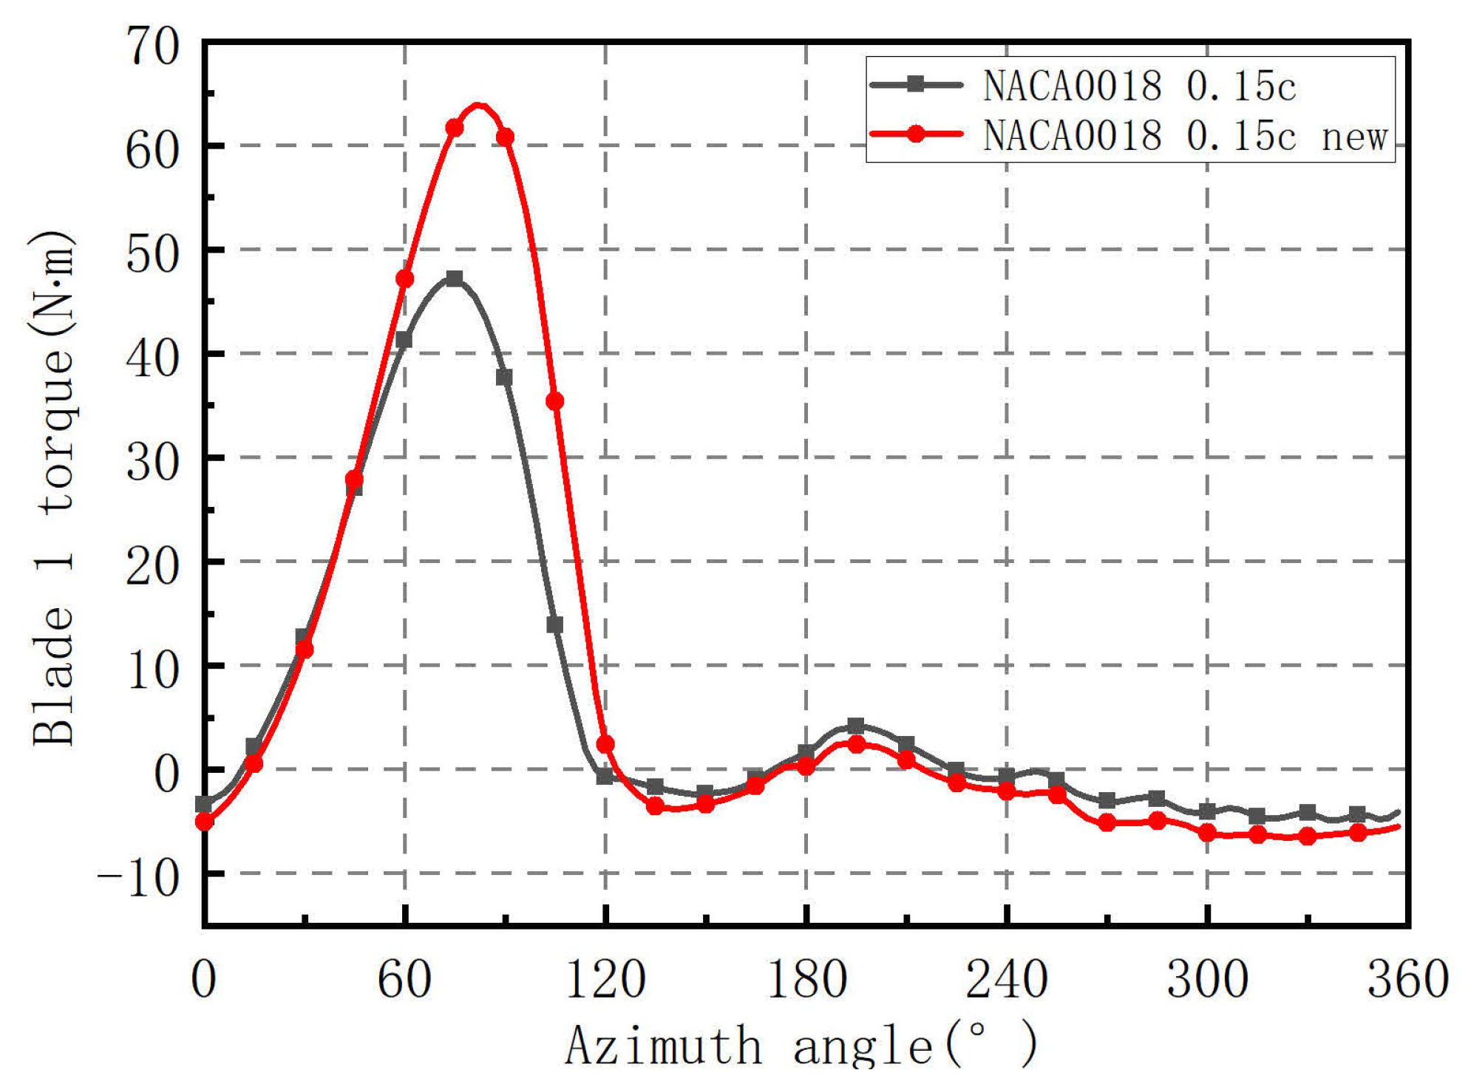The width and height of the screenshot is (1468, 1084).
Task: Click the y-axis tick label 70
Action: [152, 47]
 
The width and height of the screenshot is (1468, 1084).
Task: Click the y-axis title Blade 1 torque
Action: [53, 488]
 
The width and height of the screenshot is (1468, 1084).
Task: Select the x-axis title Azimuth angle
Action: [801, 1046]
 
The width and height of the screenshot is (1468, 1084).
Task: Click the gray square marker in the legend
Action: [916, 84]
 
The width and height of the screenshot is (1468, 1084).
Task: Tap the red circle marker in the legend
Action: [916, 134]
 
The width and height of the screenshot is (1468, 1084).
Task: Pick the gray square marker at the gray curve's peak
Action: [455, 279]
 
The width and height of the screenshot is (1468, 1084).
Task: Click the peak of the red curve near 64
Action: [479, 106]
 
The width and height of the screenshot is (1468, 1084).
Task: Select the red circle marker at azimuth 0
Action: [205, 821]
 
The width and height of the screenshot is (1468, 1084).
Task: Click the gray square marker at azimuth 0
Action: [205, 803]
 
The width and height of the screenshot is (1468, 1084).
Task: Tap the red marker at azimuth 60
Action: [404, 279]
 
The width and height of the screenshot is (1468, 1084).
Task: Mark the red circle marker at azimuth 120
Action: [605, 744]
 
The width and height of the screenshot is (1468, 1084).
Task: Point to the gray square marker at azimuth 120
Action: [605, 776]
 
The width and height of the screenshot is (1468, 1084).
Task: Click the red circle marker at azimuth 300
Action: [1208, 833]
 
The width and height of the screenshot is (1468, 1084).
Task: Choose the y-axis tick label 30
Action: [152, 463]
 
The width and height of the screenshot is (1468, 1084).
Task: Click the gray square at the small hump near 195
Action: [856, 726]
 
